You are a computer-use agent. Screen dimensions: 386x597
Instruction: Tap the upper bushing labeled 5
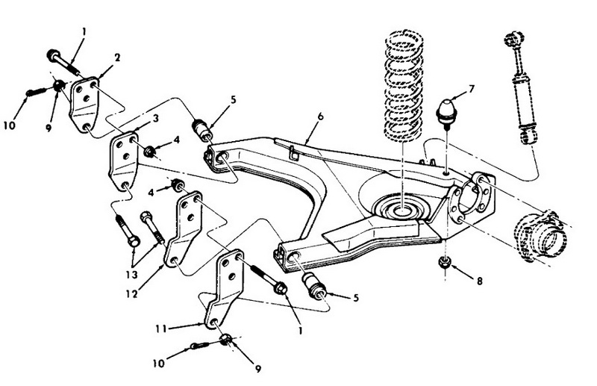(201, 130)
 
